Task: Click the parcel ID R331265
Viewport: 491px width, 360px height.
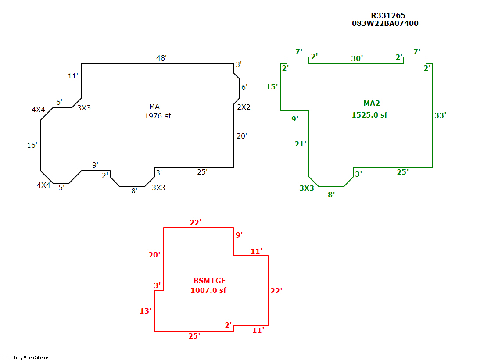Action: pyautogui.click(x=388, y=15)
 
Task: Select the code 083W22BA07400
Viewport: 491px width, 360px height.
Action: pyautogui.click(x=385, y=23)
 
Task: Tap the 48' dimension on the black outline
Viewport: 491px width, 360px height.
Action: pyautogui.click(x=161, y=58)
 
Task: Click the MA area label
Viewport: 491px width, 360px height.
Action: pyautogui.click(x=154, y=107)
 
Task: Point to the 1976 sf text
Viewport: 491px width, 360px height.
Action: pyautogui.click(x=158, y=116)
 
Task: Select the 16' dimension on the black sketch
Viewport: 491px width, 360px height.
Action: pyautogui.click(x=32, y=145)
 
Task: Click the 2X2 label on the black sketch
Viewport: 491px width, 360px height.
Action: pyautogui.click(x=244, y=107)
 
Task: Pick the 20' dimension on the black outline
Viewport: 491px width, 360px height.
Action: pyautogui.click(x=242, y=136)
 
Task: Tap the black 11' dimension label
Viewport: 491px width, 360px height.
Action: pyautogui.click(x=73, y=76)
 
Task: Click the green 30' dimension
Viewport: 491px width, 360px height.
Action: pyautogui.click(x=357, y=58)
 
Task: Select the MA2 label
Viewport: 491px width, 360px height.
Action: pyautogui.click(x=372, y=103)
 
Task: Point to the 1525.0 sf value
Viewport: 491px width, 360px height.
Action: pyautogui.click(x=369, y=115)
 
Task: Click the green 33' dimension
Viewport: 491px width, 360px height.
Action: pyautogui.click(x=440, y=115)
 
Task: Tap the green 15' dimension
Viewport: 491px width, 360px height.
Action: pyautogui.click(x=272, y=87)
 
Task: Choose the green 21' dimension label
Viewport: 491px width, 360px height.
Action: pyautogui.click(x=300, y=144)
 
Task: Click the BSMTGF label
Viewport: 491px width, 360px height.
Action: pyautogui.click(x=209, y=281)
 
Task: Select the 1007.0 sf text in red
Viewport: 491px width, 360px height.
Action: pyautogui.click(x=208, y=290)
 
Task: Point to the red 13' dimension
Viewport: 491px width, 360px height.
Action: pyautogui.click(x=145, y=311)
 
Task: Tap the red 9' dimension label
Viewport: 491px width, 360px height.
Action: pyautogui.click(x=239, y=235)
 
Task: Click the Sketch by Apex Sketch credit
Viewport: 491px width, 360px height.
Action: pyautogui.click(x=26, y=357)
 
